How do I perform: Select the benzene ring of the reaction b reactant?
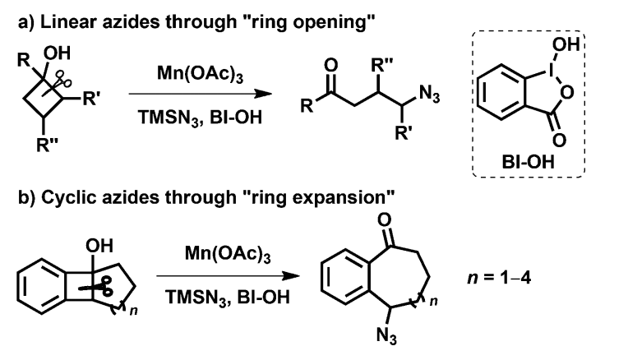point(40,287)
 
